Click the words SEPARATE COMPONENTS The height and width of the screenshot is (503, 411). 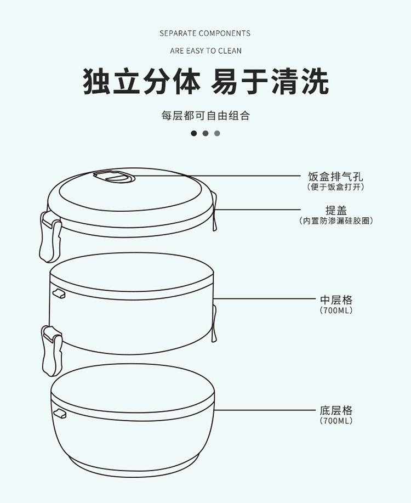205,33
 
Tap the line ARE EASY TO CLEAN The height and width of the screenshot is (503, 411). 206,51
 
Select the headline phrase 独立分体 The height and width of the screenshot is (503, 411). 141,81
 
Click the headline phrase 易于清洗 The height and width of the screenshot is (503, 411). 270,81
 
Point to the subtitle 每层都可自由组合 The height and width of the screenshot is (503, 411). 206,116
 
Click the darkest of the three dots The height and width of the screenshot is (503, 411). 193,133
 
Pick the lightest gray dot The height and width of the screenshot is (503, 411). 218,133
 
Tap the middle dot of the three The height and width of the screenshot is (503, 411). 206,133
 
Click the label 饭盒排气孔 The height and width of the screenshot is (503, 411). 335,177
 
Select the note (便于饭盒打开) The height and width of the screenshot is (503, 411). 335,187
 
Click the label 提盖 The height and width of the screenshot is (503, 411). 336,210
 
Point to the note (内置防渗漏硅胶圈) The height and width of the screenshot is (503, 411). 336,221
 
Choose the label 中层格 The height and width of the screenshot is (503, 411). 336,300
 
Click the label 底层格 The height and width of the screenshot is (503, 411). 336,410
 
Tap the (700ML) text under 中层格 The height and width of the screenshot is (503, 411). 336,310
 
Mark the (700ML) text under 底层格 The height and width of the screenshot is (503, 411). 336,421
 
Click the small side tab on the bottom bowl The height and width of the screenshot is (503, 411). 59,413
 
